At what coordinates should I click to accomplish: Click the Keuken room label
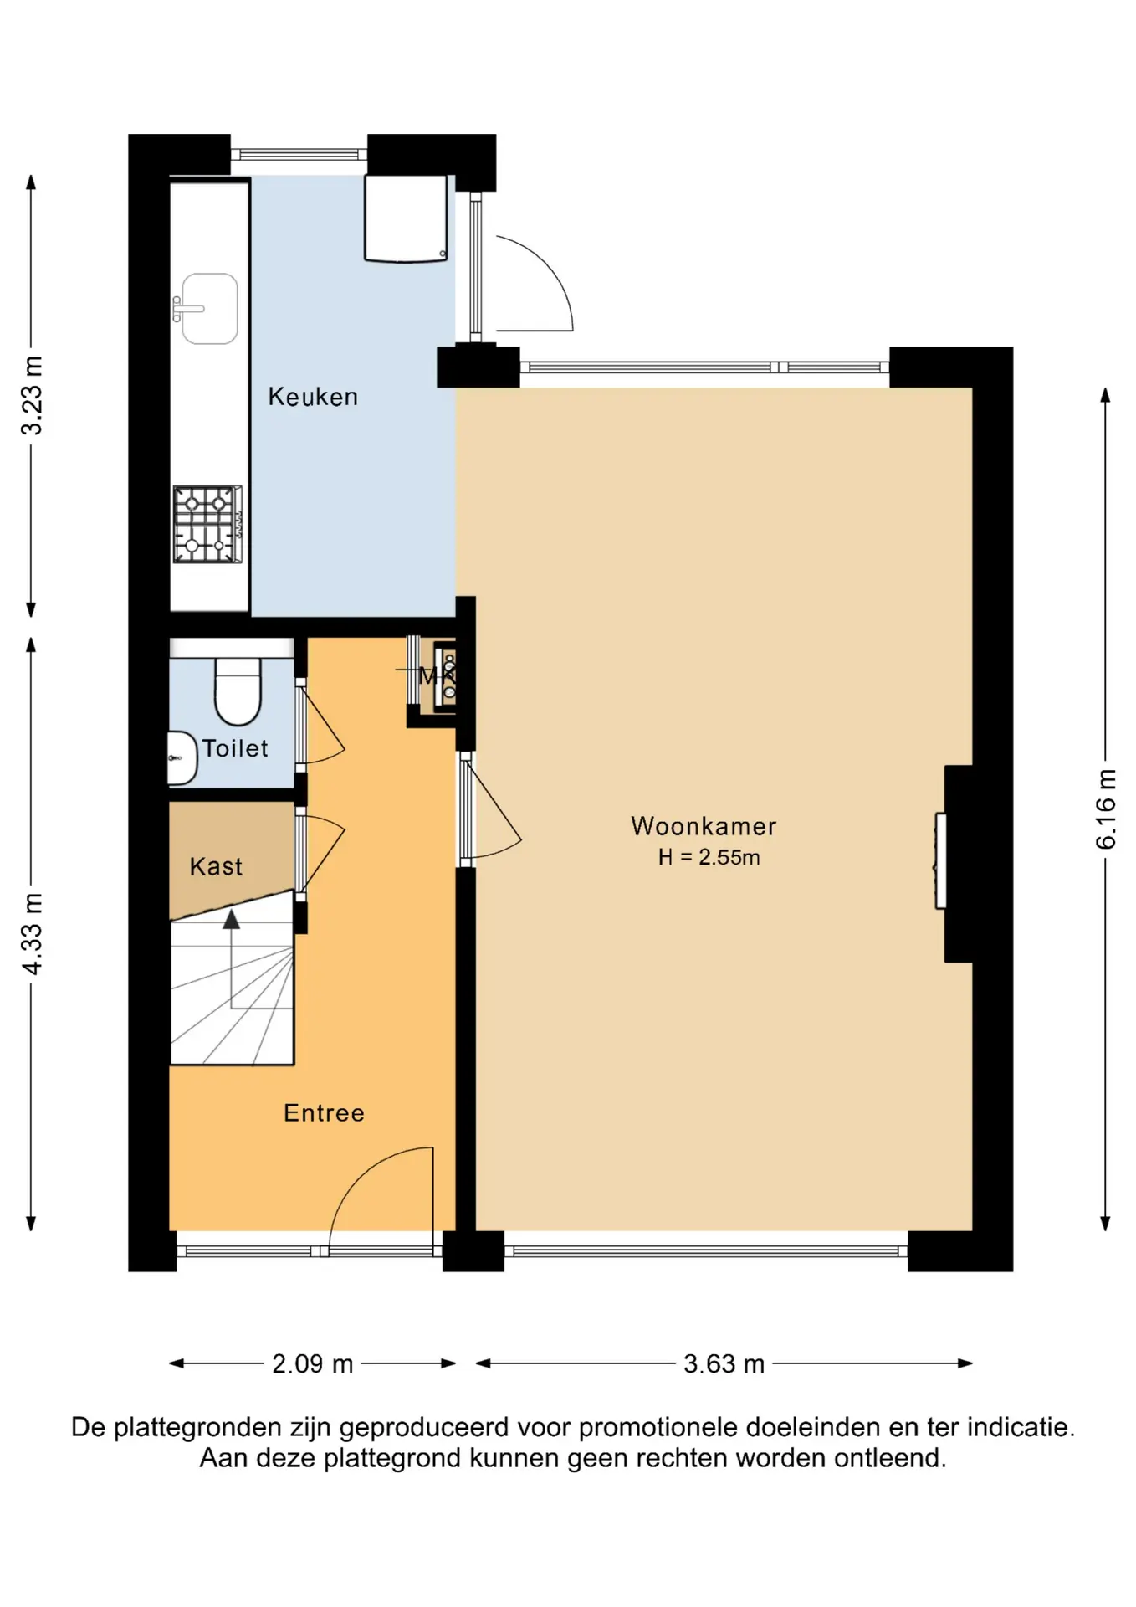click(x=313, y=397)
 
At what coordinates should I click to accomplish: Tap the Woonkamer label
click(x=704, y=826)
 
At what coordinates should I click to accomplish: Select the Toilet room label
click(x=235, y=748)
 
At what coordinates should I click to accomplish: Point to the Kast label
click(x=216, y=866)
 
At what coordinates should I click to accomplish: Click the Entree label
click(x=324, y=1112)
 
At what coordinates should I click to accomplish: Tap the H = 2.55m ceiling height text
click(x=709, y=857)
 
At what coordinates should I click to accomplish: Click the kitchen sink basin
click(x=209, y=308)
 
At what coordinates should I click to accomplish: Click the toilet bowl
click(x=238, y=691)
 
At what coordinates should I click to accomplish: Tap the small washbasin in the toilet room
click(x=182, y=757)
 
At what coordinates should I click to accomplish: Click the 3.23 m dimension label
click(x=32, y=396)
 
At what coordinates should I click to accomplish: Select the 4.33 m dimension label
click(x=32, y=933)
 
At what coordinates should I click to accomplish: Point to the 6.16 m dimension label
click(x=1105, y=809)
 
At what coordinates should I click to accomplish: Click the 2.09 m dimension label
click(x=312, y=1363)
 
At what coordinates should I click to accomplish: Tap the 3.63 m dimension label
click(x=724, y=1363)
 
